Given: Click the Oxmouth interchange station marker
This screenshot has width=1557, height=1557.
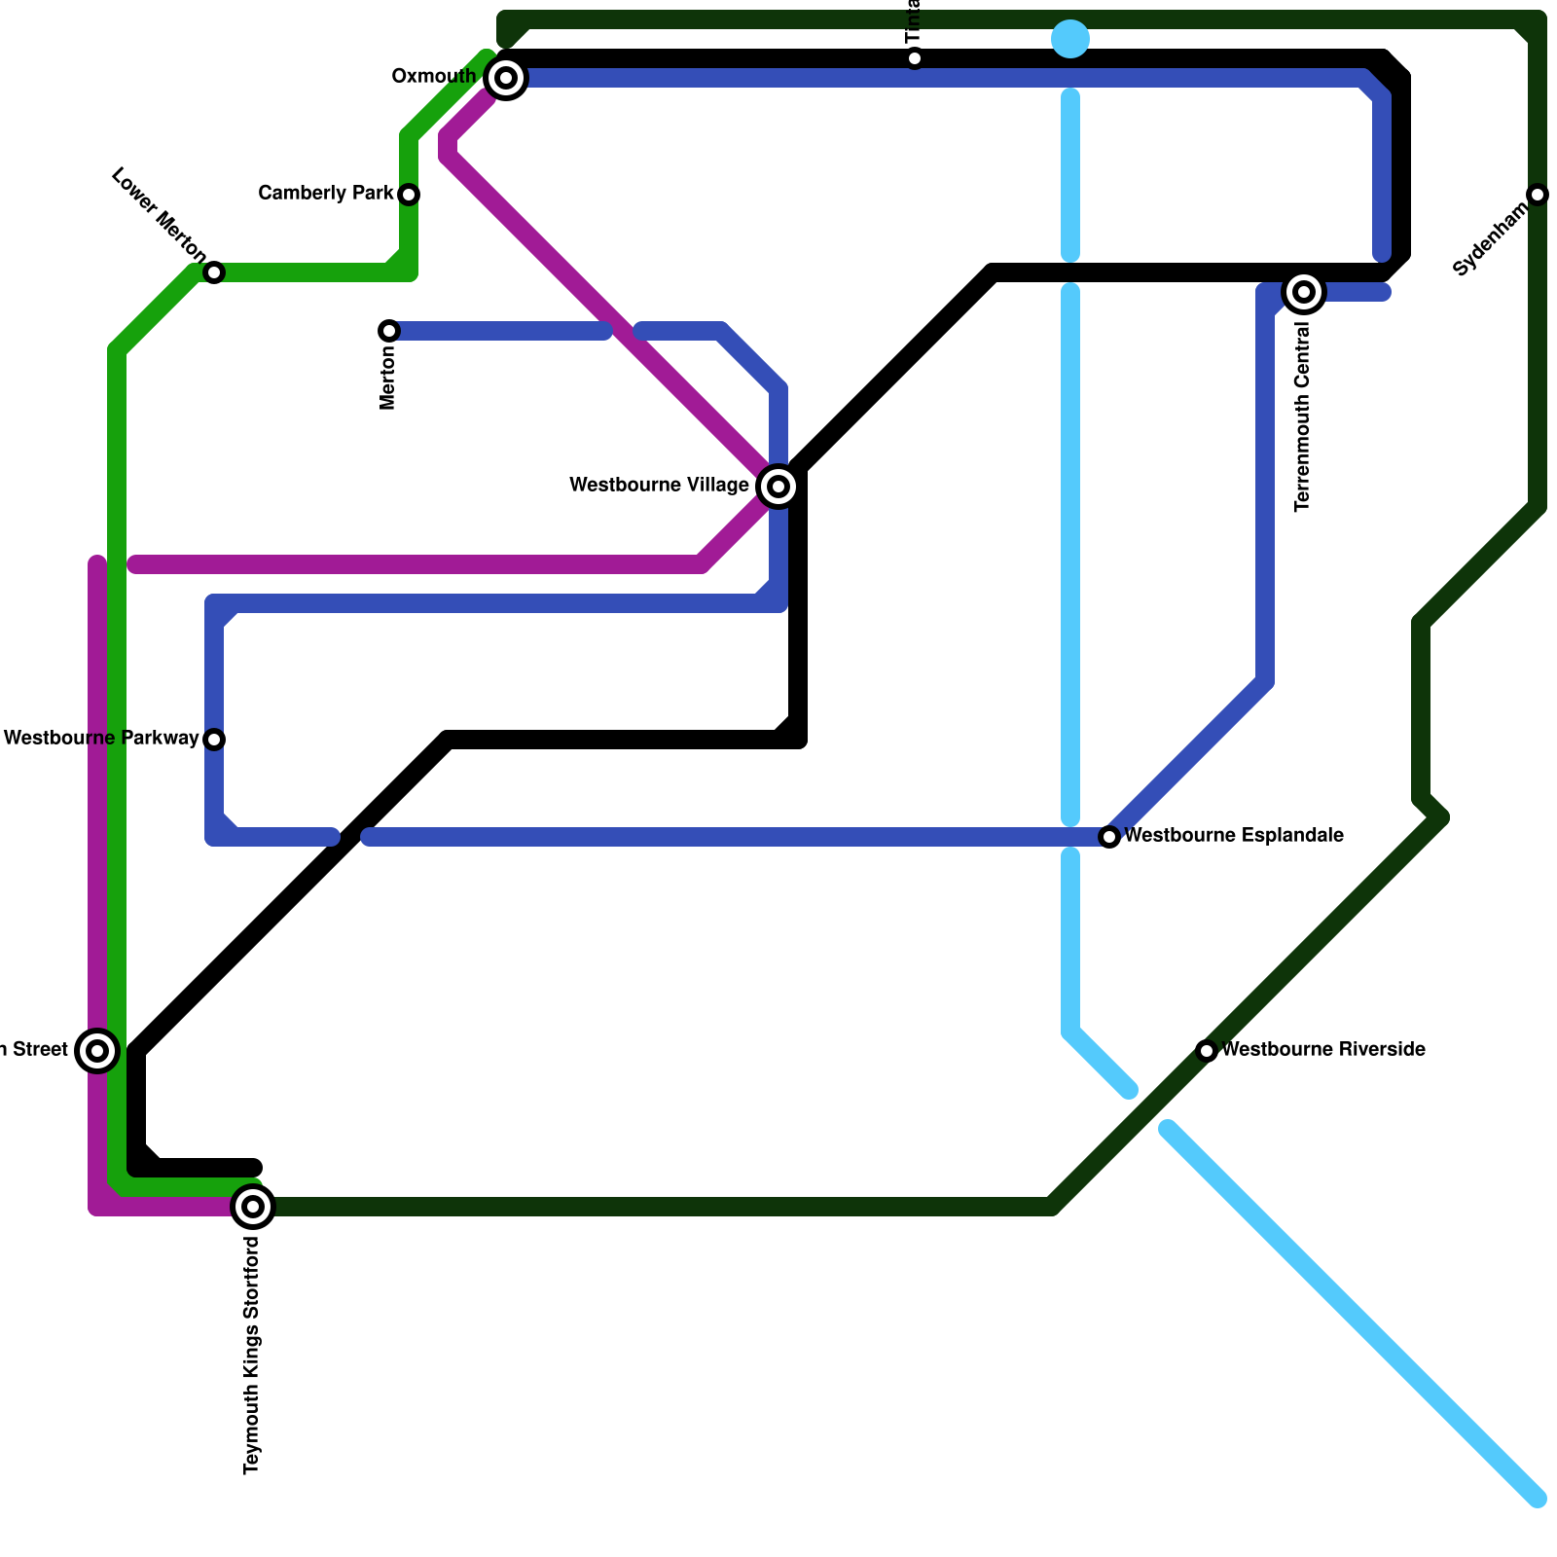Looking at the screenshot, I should [505, 77].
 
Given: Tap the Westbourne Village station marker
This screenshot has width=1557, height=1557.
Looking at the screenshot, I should [778, 486].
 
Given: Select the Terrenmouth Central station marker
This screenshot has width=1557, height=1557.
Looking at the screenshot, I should [1304, 292].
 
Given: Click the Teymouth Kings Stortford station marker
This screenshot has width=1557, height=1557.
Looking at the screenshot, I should [253, 1207].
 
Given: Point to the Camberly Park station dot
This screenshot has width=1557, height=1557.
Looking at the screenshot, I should [410, 195].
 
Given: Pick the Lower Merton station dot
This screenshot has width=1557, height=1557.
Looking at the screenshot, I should [214, 272].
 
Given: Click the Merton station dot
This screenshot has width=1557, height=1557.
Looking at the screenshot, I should [389, 331].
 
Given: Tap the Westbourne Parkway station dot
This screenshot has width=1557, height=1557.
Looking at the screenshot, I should [214, 740].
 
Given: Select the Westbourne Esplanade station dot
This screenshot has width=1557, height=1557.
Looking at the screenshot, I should [1109, 837].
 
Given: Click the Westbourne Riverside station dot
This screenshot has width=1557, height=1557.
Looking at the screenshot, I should [1207, 1051].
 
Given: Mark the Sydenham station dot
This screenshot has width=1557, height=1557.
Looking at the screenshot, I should [1538, 195].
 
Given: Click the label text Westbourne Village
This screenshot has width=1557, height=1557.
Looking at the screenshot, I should [659, 485].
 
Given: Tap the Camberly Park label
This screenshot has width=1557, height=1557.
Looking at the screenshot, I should [325, 194].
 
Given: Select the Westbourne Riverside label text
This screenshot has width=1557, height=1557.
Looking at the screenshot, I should [1323, 1050].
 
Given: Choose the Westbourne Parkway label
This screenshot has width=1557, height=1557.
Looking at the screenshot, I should [101, 739].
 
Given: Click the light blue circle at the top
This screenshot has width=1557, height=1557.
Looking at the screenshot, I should [1070, 39].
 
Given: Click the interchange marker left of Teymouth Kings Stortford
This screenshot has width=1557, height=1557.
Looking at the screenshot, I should [97, 1051].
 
